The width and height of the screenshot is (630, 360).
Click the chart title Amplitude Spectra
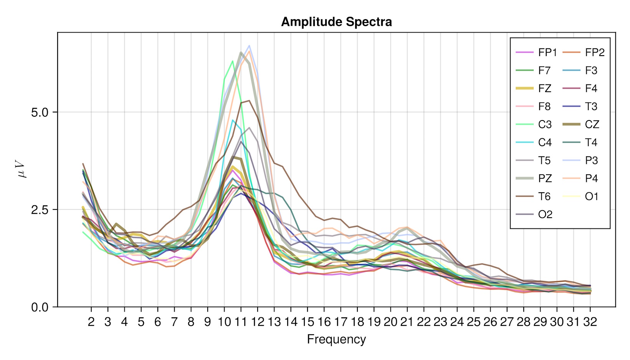tap(336, 22)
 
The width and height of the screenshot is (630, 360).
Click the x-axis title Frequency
tap(336, 339)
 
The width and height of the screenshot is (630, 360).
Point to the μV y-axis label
tap(22, 169)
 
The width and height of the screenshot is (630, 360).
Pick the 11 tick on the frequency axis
tap(241, 322)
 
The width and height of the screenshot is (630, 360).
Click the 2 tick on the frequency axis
tap(91, 322)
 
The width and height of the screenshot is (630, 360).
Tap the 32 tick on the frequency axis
tap(590, 322)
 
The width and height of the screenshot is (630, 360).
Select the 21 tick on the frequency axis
tap(407, 322)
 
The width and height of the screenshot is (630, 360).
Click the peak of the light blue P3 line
tap(249, 46)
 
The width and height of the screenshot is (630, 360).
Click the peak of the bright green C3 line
tap(232, 61)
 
